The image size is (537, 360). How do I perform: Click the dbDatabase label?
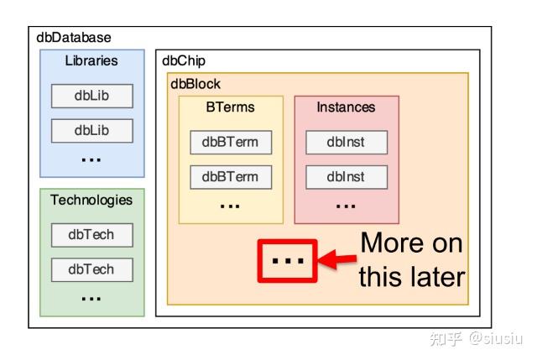[x=74, y=38]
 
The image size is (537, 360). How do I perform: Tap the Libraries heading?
[x=91, y=60]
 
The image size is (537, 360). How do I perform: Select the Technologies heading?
[x=91, y=200]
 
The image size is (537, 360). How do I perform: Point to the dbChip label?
[x=183, y=61]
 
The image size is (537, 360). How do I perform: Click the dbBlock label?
[x=196, y=84]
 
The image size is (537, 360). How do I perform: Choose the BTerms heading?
[x=230, y=107]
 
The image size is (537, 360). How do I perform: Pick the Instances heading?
[x=346, y=107]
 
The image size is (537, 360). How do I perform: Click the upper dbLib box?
[x=91, y=96]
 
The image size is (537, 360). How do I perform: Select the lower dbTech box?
[x=91, y=269]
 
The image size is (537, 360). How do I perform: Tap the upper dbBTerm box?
[x=231, y=142]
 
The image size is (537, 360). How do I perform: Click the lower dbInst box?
[x=347, y=177]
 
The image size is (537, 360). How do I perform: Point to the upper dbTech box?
[x=91, y=235]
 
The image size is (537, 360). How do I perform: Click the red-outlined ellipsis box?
[x=288, y=260]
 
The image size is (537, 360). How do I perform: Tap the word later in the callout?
[x=433, y=277]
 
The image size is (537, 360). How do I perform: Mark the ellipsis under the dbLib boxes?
[x=91, y=159]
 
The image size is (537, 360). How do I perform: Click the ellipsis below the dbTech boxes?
[x=91, y=299]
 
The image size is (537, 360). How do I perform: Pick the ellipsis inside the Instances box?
[x=346, y=205]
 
